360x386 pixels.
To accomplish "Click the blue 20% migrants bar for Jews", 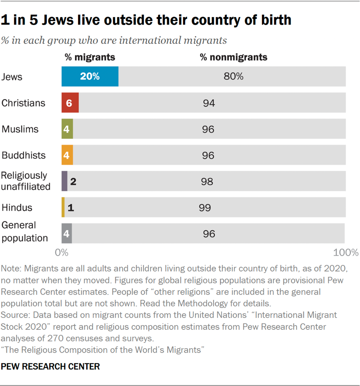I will pyautogui.click(x=90, y=77).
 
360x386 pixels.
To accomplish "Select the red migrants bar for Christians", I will pyautogui.click(x=70, y=103).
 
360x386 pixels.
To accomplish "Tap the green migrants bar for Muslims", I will pyautogui.click(x=67, y=129).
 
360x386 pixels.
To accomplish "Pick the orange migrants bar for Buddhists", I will pyautogui.click(x=67, y=155).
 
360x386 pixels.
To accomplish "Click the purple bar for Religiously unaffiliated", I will pyautogui.click(x=64, y=181).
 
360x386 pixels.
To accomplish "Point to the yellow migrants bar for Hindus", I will pyautogui.click(x=63, y=208).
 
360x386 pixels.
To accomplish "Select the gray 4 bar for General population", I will pyautogui.click(x=66, y=234).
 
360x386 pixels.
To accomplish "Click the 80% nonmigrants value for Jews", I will pyautogui.click(x=234, y=77).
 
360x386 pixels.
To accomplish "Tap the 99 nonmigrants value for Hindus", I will pyautogui.click(x=205, y=208).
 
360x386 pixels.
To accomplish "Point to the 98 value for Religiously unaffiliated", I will pyautogui.click(x=207, y=181).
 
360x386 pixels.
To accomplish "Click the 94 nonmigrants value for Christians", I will pyautogui.click(x=209, y=103).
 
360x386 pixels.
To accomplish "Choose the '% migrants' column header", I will pyautogui.click(x=90, y=57).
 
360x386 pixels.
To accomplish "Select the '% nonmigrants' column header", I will pyautogui.click(x=234, y=57).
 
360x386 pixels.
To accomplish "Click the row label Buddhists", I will pyautogui.click(x=24, y=155).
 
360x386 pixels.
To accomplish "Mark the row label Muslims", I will pyautogui.click(x=20, y=129).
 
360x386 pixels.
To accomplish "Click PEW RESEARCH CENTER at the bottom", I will pyautogui.click(x=51, y=367).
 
